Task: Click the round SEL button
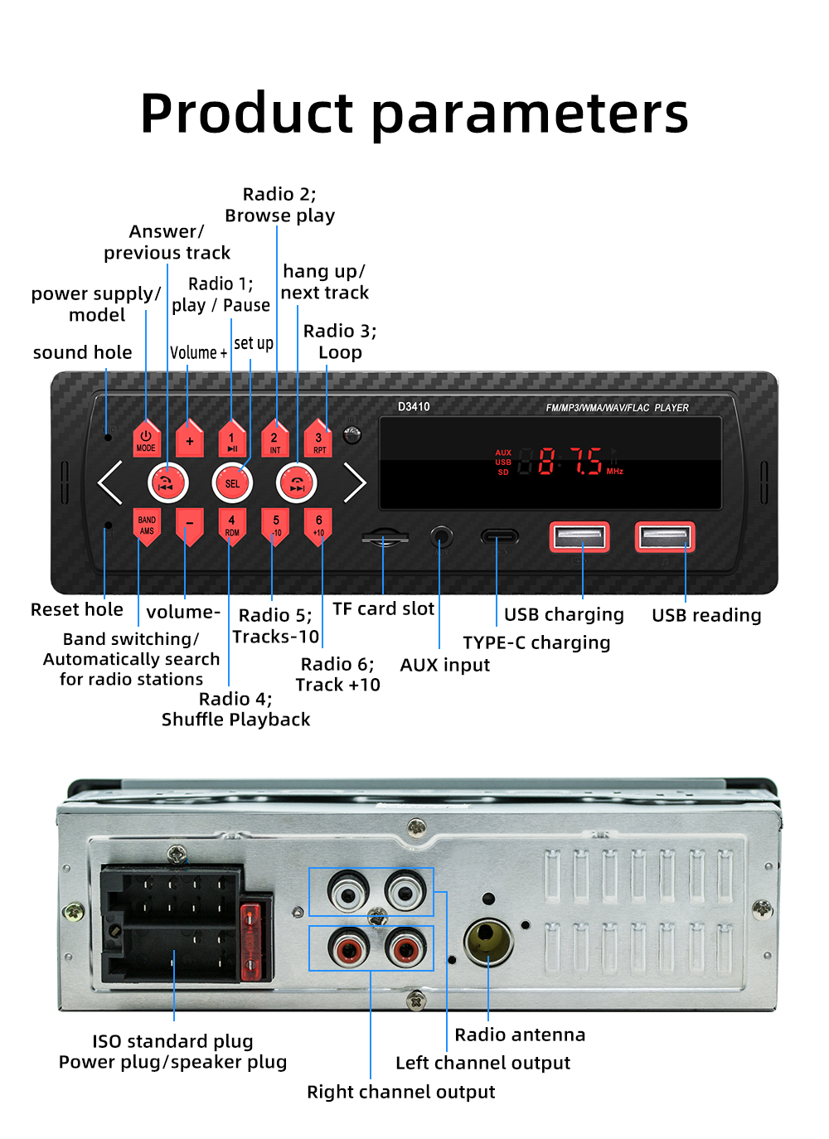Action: click(232, 482)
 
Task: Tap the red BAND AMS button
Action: click(147, 526)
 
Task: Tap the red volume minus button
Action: click(190, 526)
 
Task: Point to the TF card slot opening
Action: click(385, 538)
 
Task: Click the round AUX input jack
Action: click(441, 537)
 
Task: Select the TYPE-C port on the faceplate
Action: click(499, 537)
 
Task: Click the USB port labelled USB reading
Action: click(665, 537)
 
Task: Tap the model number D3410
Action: click(414, 407)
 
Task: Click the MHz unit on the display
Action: click(614, 471)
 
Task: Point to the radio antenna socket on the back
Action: click(487, 941)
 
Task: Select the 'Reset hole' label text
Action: click(77, 610)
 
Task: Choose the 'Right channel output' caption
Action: click(401, 1092)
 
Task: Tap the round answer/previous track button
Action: click(167, 482)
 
